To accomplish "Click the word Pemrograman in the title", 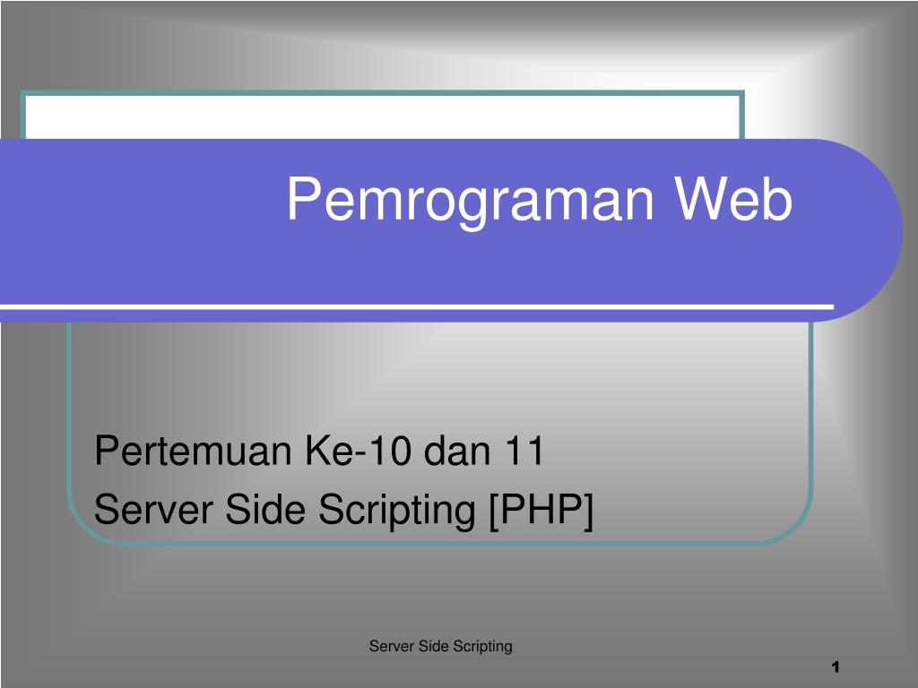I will tap(473, 201).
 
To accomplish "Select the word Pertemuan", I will tap(195, 451).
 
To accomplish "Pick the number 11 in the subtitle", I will tap(524, 451).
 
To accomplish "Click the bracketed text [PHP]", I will tap(541, 512).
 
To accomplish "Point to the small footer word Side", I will tap(432, 646).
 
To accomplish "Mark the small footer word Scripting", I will tap(482, 647).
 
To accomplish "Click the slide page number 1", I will tap(835, 667).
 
